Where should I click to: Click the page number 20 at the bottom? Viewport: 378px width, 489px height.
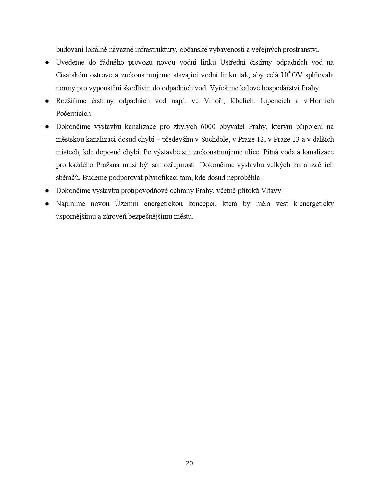point(189,463)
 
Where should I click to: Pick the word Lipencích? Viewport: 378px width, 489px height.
point(275,101)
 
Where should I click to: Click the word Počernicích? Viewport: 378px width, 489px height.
point(74,114)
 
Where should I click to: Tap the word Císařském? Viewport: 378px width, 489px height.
point(71,75)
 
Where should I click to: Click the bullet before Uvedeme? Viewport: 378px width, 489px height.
point(47,63)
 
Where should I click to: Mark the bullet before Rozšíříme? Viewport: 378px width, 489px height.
point(47,101)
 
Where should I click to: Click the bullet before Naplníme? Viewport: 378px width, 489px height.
point(47,204)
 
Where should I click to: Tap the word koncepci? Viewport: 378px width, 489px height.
point(201,204)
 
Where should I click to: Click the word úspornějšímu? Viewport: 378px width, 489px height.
point(75,216)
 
